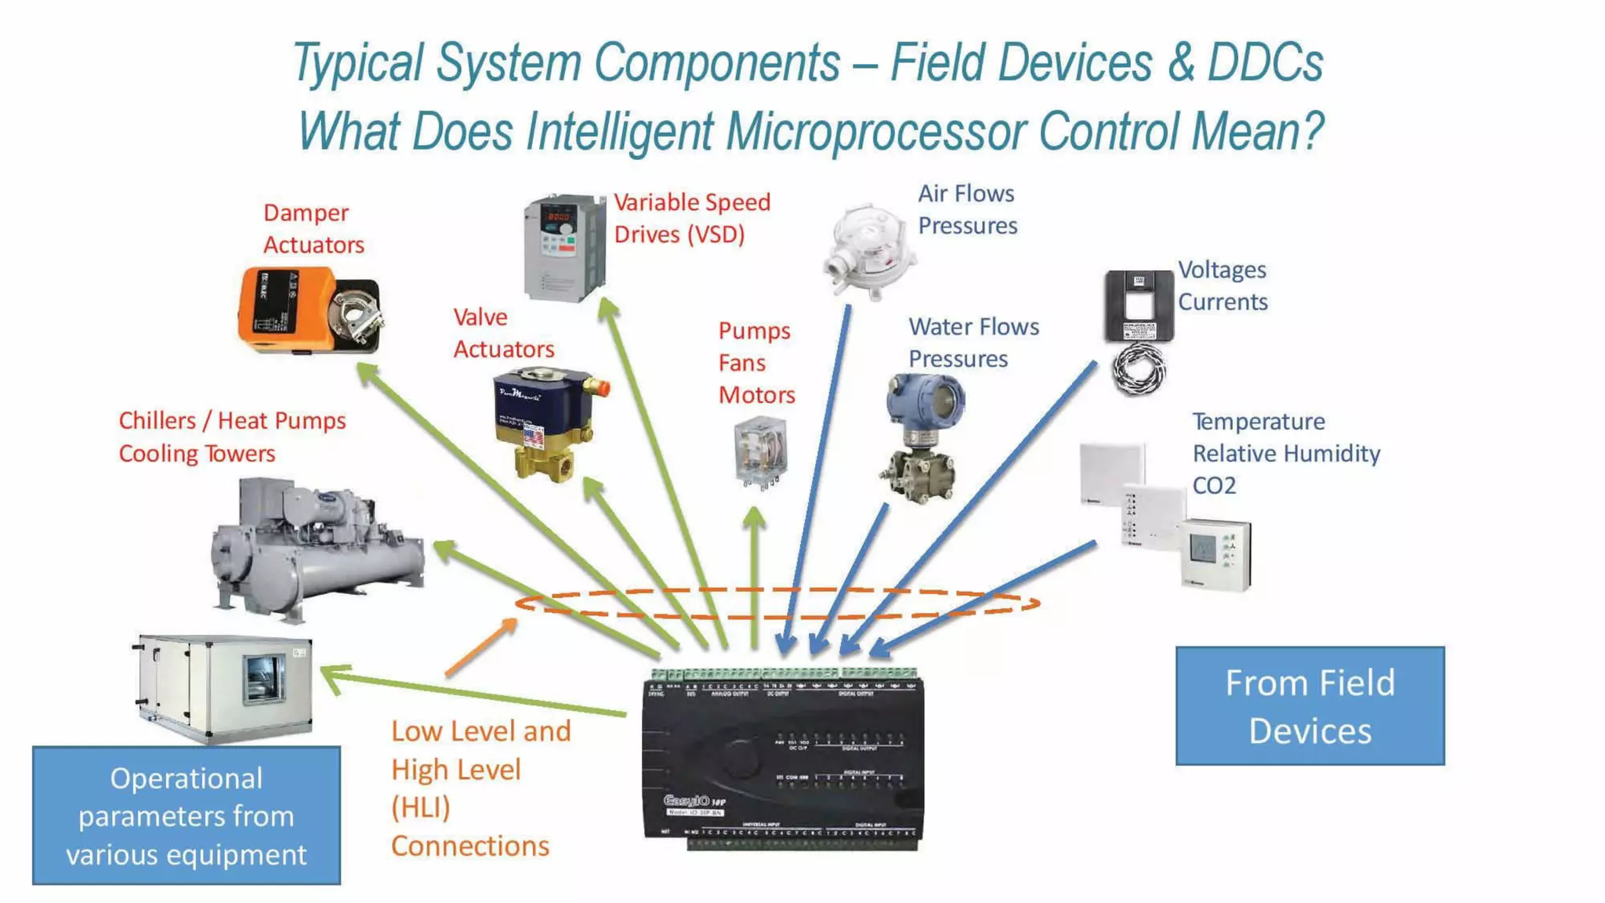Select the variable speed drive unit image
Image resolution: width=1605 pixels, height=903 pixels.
(564, 248)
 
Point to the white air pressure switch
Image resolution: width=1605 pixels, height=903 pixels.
(868, 251)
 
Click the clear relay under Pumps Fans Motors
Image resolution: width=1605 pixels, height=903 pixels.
(760, 452)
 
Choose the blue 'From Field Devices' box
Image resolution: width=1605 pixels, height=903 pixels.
(1310, 705)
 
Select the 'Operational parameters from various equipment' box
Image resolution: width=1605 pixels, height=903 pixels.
(187, 815)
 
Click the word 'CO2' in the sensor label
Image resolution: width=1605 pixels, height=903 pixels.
(1214, 485)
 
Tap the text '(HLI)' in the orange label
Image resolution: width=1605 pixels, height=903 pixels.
(421, 807)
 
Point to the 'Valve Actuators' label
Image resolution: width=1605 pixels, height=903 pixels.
(503, 333)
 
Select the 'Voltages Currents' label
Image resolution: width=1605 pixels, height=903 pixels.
(1223, 285)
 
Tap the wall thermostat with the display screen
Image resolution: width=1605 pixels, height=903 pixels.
(1215, 553)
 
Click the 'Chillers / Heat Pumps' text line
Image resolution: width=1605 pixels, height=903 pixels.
(232, 421)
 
